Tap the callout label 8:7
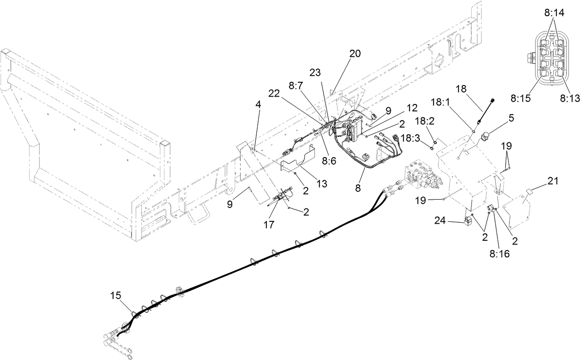[296, 85]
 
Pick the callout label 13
[321, 183]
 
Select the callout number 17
[269, 225]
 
